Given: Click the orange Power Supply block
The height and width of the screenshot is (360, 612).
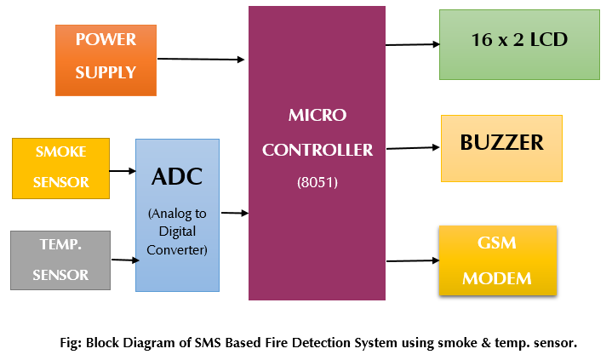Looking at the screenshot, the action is [106, 60].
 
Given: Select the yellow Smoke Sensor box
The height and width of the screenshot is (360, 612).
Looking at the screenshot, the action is [61, 169].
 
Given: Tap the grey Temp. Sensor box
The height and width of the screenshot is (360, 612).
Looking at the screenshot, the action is [60, 260].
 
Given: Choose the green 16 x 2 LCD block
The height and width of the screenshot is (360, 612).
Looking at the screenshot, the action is [519, 45].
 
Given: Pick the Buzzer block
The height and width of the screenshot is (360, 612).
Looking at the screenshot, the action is [501, 148].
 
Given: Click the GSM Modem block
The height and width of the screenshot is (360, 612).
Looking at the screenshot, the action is [498, 260].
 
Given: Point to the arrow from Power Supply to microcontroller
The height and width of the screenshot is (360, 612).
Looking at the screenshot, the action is [201, 59].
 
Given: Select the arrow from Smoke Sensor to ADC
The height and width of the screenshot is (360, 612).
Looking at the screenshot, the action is [123, 170].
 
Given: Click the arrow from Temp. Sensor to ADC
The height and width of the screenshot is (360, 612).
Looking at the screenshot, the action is [125, 260].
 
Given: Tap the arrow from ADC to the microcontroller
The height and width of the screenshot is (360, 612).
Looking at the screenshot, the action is [235, 213].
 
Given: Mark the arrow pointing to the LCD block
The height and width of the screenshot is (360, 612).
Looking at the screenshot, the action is [413, 44].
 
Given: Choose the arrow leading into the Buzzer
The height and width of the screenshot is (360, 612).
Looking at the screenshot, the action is [413, 148].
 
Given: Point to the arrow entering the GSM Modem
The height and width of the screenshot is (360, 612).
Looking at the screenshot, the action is [413, 260].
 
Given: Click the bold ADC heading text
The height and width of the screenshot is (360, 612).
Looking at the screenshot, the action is [177, 176].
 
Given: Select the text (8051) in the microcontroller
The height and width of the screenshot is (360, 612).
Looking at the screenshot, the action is [317, 182].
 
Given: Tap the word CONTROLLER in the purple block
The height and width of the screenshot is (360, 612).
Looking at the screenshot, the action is [317, 150].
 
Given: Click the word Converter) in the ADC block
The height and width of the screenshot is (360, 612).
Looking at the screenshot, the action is [177, 250].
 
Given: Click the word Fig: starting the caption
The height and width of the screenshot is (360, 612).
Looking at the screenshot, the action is [71, 343].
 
